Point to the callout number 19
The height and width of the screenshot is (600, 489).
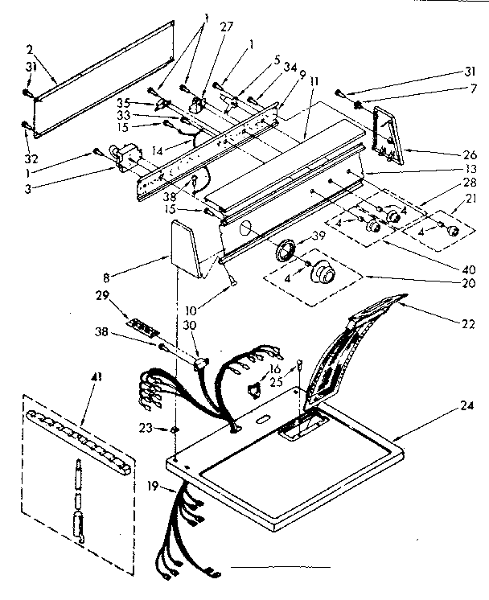point(153,487)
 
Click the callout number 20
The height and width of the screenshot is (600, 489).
point(466,282)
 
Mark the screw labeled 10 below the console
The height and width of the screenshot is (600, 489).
point(230,277)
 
